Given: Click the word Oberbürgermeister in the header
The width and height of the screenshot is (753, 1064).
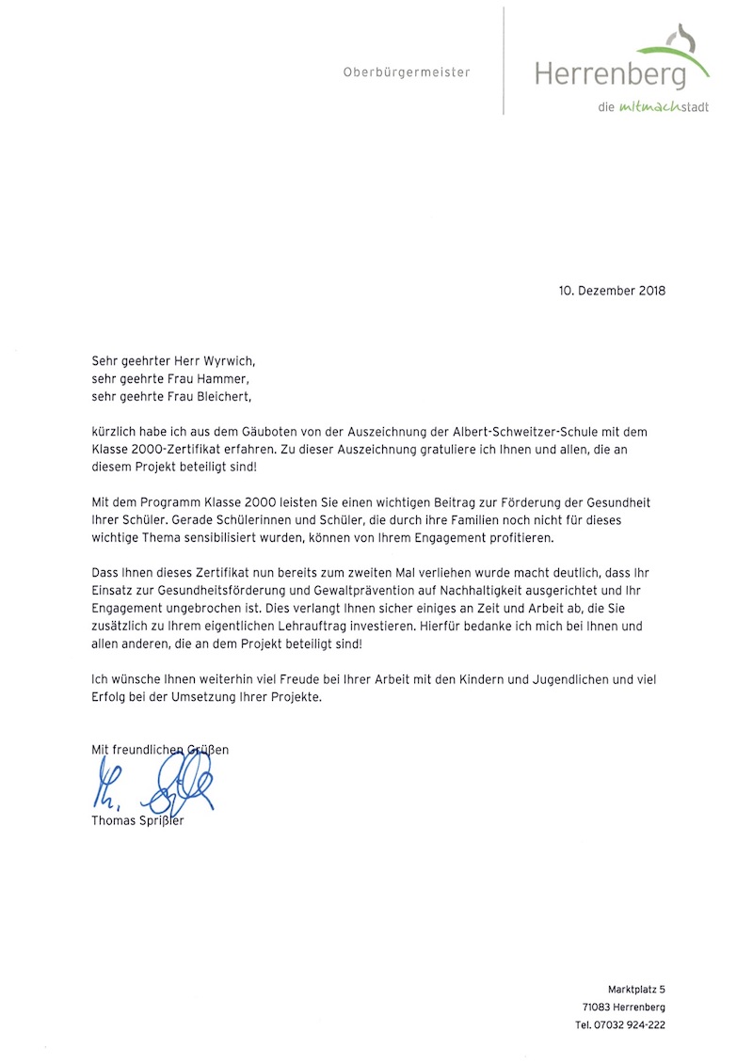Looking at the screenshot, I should click(x=406, y=72).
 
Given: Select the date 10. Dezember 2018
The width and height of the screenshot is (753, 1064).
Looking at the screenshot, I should click(x=612, y=291).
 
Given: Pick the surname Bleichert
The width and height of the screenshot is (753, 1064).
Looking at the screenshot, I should click(x=224, y=397).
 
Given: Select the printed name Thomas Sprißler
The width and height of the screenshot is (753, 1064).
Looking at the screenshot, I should click(x=137, y=820).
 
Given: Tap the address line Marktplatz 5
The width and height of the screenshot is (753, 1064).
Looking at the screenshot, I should click(x=636, y=989).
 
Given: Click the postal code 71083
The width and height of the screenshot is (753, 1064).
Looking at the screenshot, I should click(x=596, y=1008).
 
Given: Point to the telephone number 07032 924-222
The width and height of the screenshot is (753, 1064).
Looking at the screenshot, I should click(x=630, y=1025).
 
